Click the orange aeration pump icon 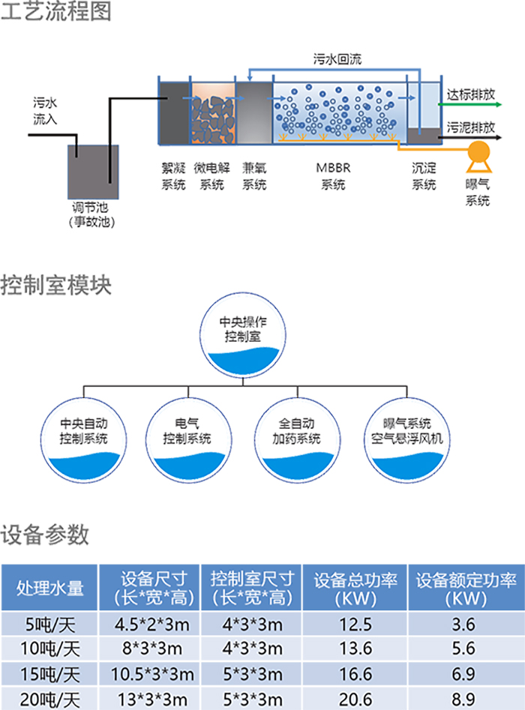pos(477,151)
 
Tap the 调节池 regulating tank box pos(93,172)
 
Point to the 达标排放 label pos(471,95)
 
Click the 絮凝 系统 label pos(173,178)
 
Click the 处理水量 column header pos(49,588)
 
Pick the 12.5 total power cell pos(355,625)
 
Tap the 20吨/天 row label pos(49,700)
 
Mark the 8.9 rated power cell pos(465,700)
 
